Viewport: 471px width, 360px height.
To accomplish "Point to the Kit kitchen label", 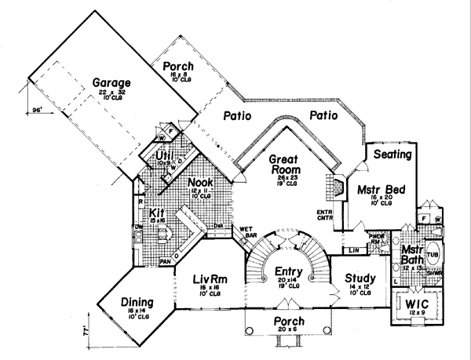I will click(x=155, y=213).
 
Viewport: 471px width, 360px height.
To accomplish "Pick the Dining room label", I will click(x=137, y=303).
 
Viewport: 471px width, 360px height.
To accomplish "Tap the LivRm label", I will click(x=210, y=278).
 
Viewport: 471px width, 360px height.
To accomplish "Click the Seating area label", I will click(x=392, y=155).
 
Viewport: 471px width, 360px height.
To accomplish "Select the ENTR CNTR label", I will click(x=325, y=216).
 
